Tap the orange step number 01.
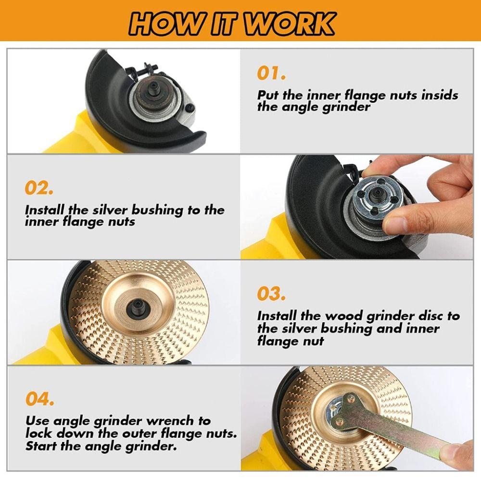click(x=271, y=74)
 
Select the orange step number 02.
click(x=39, y=188)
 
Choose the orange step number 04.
click(x=40, y=399)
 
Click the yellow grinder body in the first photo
click(x=77, y=135)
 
